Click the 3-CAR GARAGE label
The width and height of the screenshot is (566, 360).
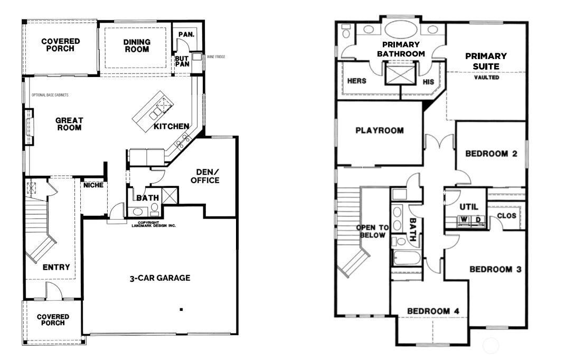tap(160, 278)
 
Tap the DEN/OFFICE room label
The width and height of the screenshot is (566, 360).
tap(205, 176)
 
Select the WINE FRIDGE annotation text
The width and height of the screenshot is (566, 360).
tap(216, 56)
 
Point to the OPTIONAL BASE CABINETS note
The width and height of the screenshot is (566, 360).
tap(50, 95)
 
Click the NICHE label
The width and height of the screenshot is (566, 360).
tap(93, 185)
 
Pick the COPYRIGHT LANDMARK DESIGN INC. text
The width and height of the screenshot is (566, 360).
tap(154, 224)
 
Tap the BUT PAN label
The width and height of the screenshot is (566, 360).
tap(182, 61)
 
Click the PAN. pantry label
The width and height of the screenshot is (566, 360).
tap(186, 35)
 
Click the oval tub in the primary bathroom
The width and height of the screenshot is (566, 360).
tap(401, 29)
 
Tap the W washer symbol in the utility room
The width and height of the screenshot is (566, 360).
tap(463, 220)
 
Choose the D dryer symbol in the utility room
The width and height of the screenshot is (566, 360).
tap(477, 220)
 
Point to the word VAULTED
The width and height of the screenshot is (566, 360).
tap(487, 78)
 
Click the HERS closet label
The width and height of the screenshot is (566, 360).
tap(356, 81)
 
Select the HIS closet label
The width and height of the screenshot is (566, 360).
tap(429, 82)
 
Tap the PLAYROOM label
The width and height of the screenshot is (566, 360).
tap(380, 130)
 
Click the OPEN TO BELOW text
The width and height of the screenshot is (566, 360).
tap(373, 232)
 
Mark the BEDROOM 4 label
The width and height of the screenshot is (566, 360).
tap(433, 311)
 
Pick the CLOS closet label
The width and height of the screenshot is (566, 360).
tap(506, 216)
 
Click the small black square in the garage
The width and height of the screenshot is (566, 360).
tap(181, 309)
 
